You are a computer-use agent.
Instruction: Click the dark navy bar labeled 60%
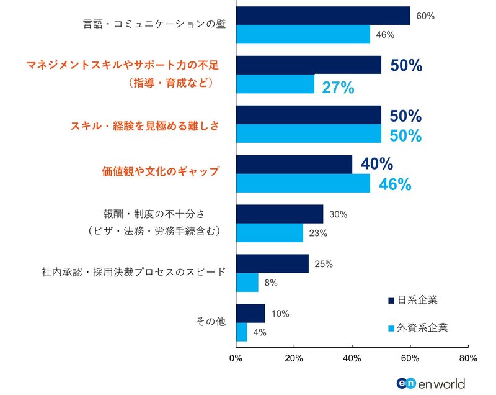click(322, 16)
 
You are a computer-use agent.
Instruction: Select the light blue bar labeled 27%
click(275, 84)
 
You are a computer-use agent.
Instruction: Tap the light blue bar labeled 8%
click(247, 283)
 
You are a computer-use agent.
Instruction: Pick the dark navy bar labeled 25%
click(272, 263)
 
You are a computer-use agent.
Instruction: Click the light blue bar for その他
click(241, 332)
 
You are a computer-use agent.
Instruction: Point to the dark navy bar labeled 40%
click(293, 165)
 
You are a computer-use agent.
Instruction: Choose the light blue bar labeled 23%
click(269, 233)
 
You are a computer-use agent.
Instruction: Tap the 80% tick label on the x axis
click(468, 358)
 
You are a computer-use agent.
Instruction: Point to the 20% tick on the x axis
click(294, 358)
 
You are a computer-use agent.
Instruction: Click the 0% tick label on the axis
click(236, 358)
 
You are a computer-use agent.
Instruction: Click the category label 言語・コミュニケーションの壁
click(154, 25)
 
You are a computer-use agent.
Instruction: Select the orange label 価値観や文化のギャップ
click(161, 172)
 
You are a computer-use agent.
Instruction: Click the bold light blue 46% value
click(395, 184)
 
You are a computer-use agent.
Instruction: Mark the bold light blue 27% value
click(338, 88)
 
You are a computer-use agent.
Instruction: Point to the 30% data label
click(339, 214)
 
